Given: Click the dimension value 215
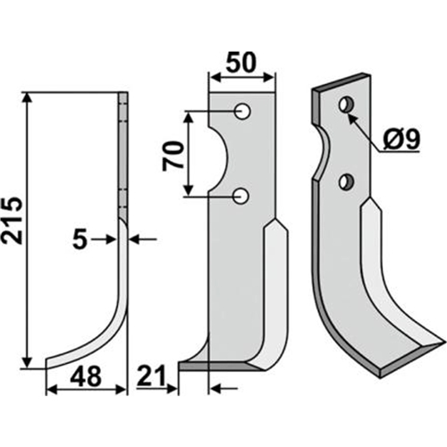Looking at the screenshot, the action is tap(13, 220).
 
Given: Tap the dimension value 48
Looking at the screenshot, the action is tap(87, 376).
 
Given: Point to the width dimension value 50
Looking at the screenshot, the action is tap(241, 63).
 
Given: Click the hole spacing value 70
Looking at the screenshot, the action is tap(173, 156).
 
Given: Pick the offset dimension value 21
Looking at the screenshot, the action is tap(151, 376).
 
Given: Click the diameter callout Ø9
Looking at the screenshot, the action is tap(401, 139).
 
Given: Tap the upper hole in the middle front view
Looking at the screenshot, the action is tap(242, 112).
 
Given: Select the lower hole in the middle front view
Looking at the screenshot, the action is tap(241, 196).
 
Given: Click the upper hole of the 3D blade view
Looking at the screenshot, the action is tap(346, 105).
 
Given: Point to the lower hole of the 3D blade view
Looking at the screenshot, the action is tap(346, 181).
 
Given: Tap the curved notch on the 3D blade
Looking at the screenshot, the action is tap(325, 152).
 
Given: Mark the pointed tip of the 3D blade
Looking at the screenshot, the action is tap(441, 345).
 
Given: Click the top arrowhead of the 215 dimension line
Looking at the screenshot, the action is tap(28, 97).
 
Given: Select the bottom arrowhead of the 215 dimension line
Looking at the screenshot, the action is tap(28, 364).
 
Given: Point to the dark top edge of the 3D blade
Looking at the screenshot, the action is tap(342, 81).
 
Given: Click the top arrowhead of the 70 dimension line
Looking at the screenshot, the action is tap(188, 117).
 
